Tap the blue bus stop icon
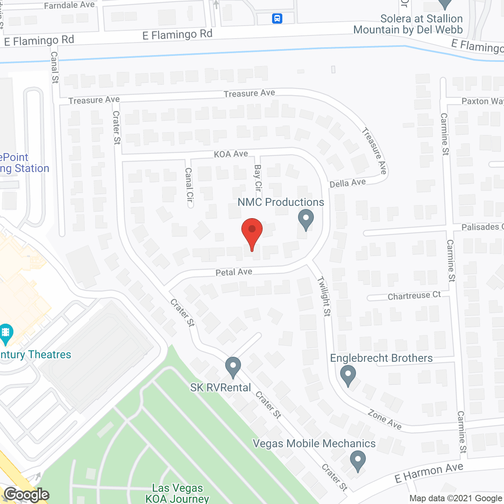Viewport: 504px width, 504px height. point(277,18)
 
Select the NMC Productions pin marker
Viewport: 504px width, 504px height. point(306,219)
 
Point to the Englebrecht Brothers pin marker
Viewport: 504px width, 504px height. point(348,375)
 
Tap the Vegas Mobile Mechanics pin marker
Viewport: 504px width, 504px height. point(358,461)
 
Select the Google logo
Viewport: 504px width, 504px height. point(27,495)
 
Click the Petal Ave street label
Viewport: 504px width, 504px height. point(234,272)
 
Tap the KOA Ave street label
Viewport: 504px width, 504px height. point(231,154)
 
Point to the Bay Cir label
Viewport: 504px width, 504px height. point(258,178)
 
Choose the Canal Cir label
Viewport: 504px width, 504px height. point(189,185)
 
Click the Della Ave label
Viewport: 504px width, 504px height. point(348,183)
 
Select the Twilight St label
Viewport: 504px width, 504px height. point(324,296)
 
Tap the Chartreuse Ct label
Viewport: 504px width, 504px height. point(414,295)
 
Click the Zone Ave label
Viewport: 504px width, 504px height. point(385,419)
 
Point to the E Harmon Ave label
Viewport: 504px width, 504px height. point(429,472)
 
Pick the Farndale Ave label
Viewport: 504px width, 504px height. point(69,5)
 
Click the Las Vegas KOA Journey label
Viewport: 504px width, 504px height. point(178,493)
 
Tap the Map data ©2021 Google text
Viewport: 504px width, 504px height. point(456,498)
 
